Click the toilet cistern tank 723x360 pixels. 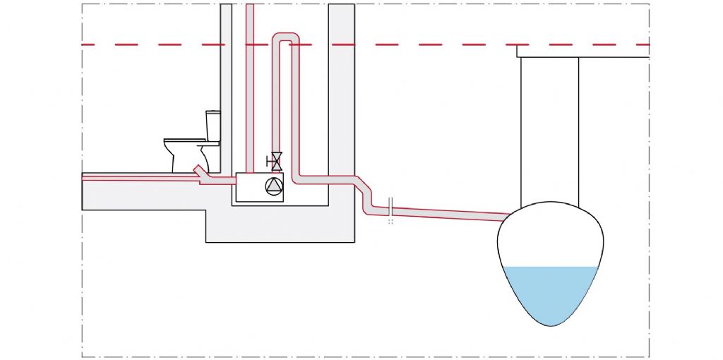(x=213, y=126)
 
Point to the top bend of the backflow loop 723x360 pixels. (x=286, y=37)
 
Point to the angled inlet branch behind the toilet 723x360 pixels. (x=201, y=172)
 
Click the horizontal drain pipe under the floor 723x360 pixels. (x=141, y=179)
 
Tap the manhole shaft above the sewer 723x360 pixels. (x=549, y=127)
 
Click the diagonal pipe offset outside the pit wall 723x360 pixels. (x=364, y=192)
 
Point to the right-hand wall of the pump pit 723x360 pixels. (x=341, y=106)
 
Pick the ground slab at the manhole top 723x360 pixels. (x=582, y=52)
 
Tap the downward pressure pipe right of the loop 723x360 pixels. (x=297, y=106)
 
